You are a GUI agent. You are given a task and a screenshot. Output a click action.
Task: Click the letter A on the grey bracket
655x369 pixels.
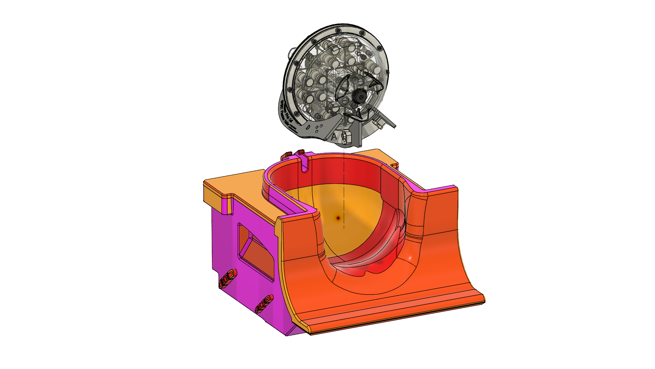(x=334, y=137)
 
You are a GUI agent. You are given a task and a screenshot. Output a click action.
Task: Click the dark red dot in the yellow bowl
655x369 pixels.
(x=338, y=218)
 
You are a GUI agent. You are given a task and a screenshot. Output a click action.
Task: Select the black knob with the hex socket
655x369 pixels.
(x=360, y=96)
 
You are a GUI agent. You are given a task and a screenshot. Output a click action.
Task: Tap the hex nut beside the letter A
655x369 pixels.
(x=344, y=137)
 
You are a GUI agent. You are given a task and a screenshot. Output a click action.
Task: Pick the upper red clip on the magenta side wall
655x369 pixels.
(x=228, y=277)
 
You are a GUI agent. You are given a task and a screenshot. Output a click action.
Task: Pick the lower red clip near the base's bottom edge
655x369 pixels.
(x=264, y=304)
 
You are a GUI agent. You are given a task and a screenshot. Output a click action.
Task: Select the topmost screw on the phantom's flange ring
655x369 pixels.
(x=337, y=29)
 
